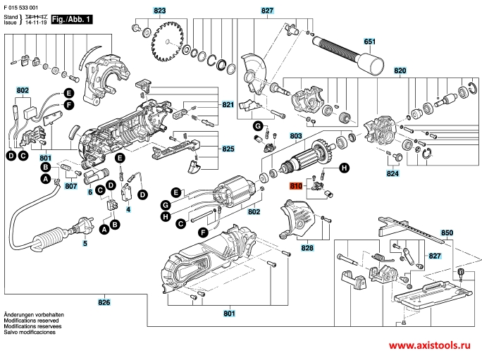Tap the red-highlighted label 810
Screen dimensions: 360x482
click(296, 187)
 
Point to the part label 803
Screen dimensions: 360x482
click(296, 135)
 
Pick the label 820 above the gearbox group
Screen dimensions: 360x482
click(400, 72)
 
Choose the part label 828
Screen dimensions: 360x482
click(307, 248)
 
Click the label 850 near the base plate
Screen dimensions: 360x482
click(447, 232)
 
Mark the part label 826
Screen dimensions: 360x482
click(104, 302)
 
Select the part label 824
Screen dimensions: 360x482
click(392, 173)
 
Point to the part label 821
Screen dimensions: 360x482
click(228, 104)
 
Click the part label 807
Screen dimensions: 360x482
click(71, 187)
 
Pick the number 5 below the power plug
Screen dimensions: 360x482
click(85, 244)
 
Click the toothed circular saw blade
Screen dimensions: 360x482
click(168, 35)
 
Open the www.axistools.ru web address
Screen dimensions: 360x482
click(431, 347)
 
